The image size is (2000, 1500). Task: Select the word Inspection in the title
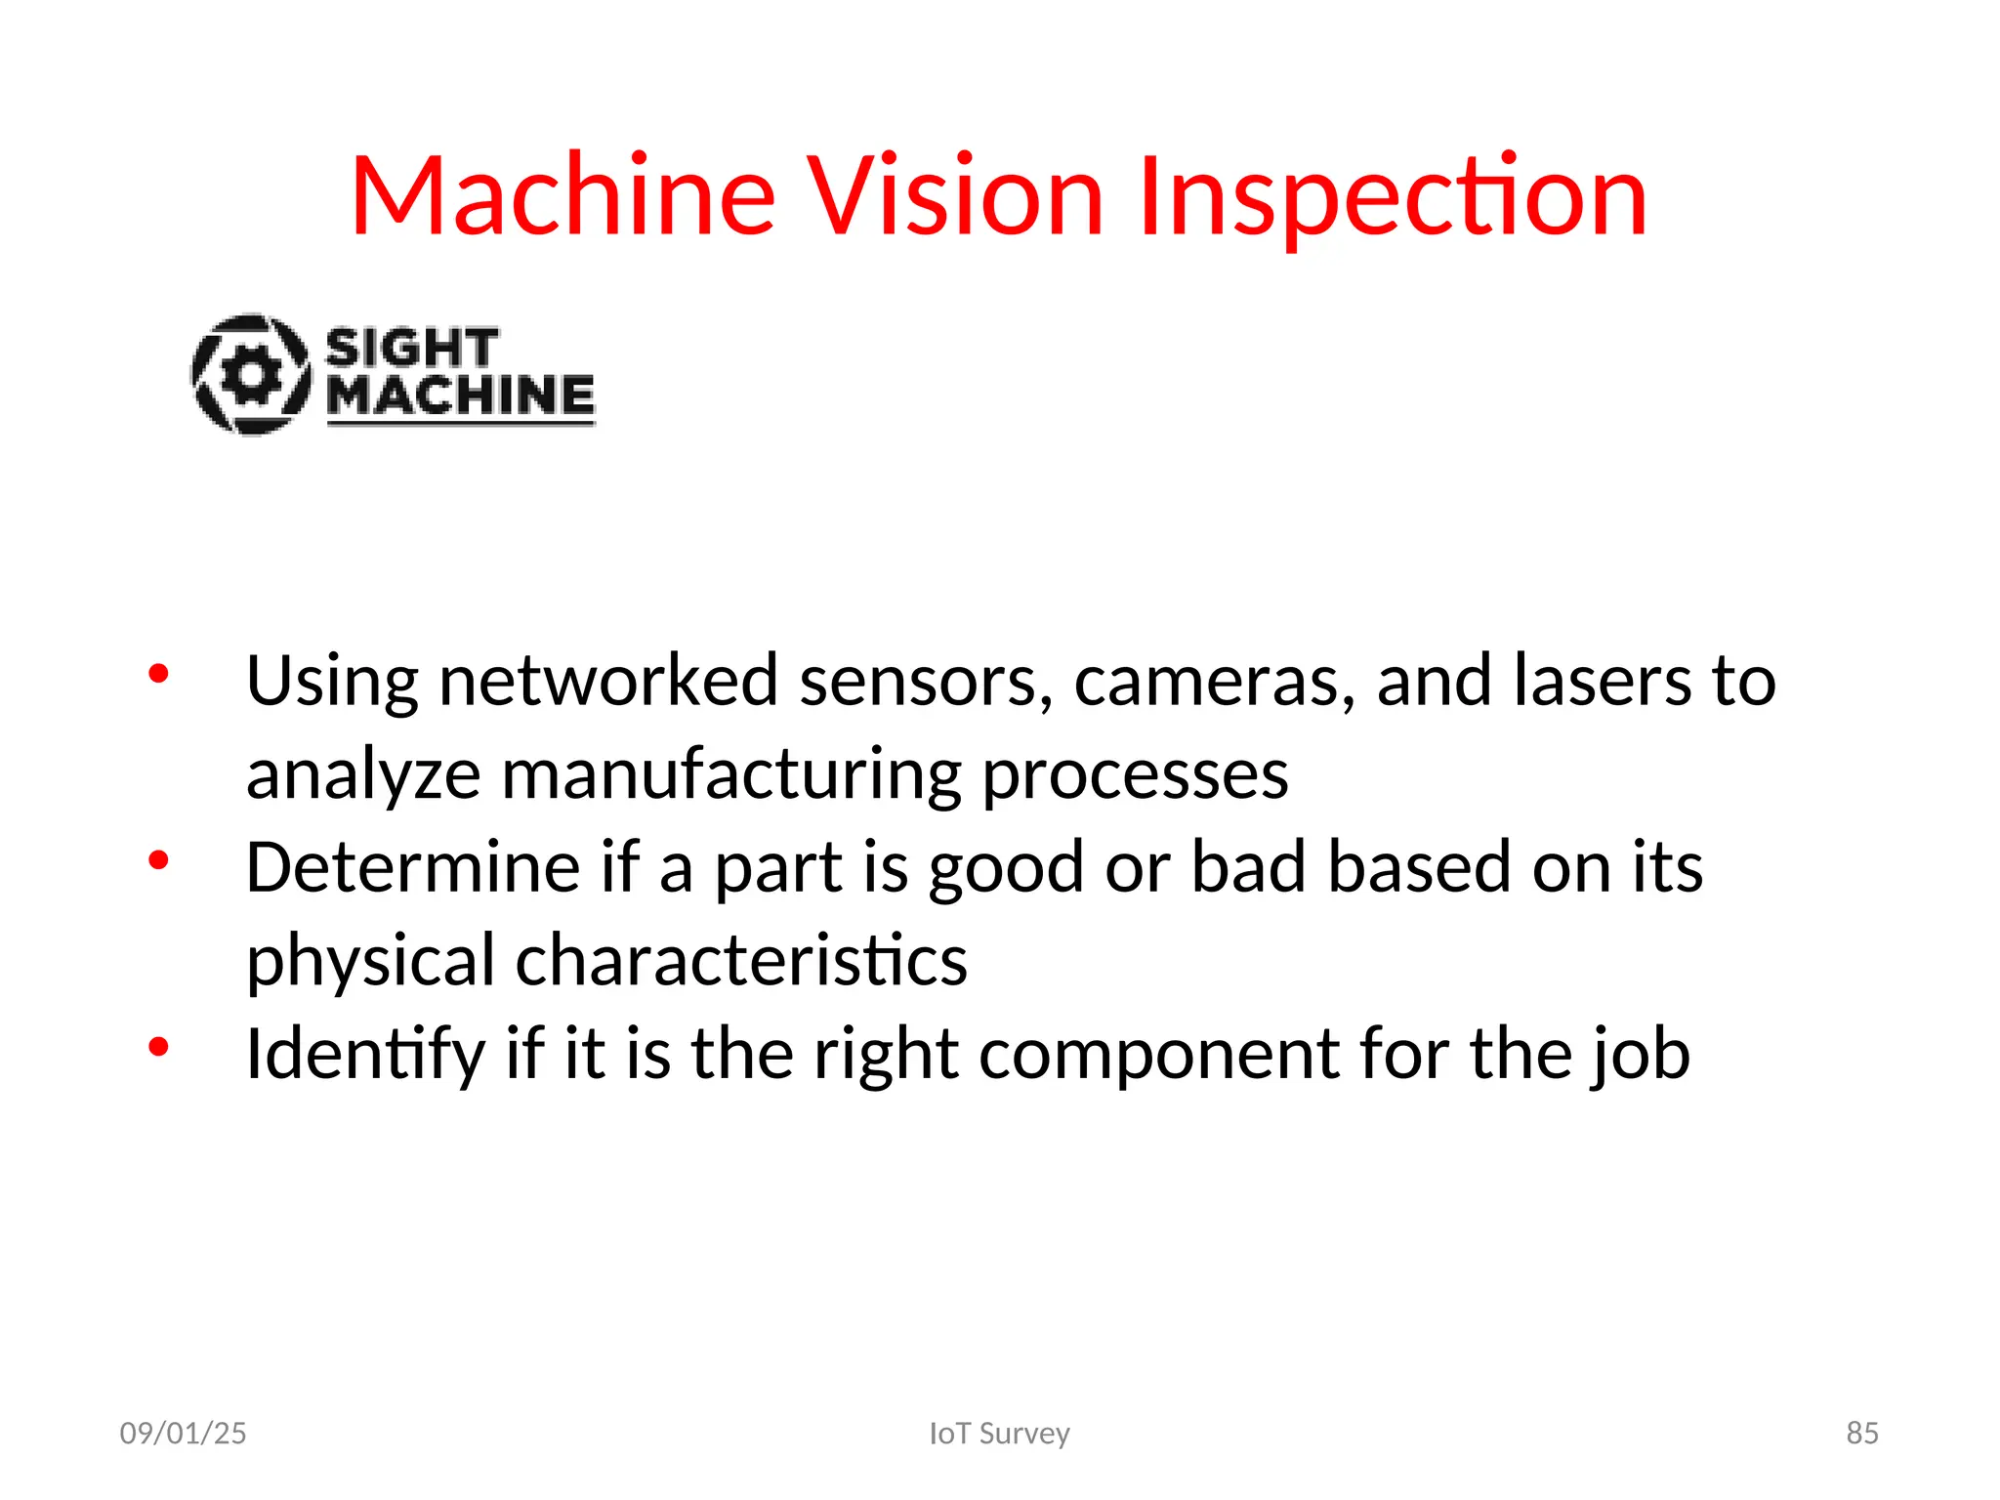pyautogui.click(x=1393, y=198)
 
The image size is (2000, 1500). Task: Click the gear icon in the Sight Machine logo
pyautogui.click(x=251, y=374)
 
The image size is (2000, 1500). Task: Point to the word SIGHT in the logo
pyautogui.click(x=411, y=349)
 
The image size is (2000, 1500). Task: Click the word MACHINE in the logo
pyautogui.click(x=460, y=396)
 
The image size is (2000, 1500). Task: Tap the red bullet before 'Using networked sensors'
pyautogui.click(x=158, y=674)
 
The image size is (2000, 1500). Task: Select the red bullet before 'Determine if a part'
pyautogui.click(x=158, y=860)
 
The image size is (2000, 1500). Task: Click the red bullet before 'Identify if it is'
pyautogui.click(x=158, y=1048)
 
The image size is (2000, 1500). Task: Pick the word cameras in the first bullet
pyautogui.click(x=1214, y=681)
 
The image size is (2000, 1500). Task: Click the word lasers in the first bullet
pyautogui.click(x=1602, y=681)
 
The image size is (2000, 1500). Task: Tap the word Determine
pyautogui.click(x=413, y=867)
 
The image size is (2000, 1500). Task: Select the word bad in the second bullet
pyautogui.click(x=1248, y=867)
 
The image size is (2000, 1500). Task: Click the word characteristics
pyautogui.click(x=741, y=961)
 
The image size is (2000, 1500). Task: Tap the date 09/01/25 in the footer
pyautogui.click(x=183, y=1433)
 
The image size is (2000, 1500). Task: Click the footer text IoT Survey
pyautogui.click(x=999, y=1433)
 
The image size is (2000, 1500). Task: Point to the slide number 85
pyautogui.click(x=1861, y=1433)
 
